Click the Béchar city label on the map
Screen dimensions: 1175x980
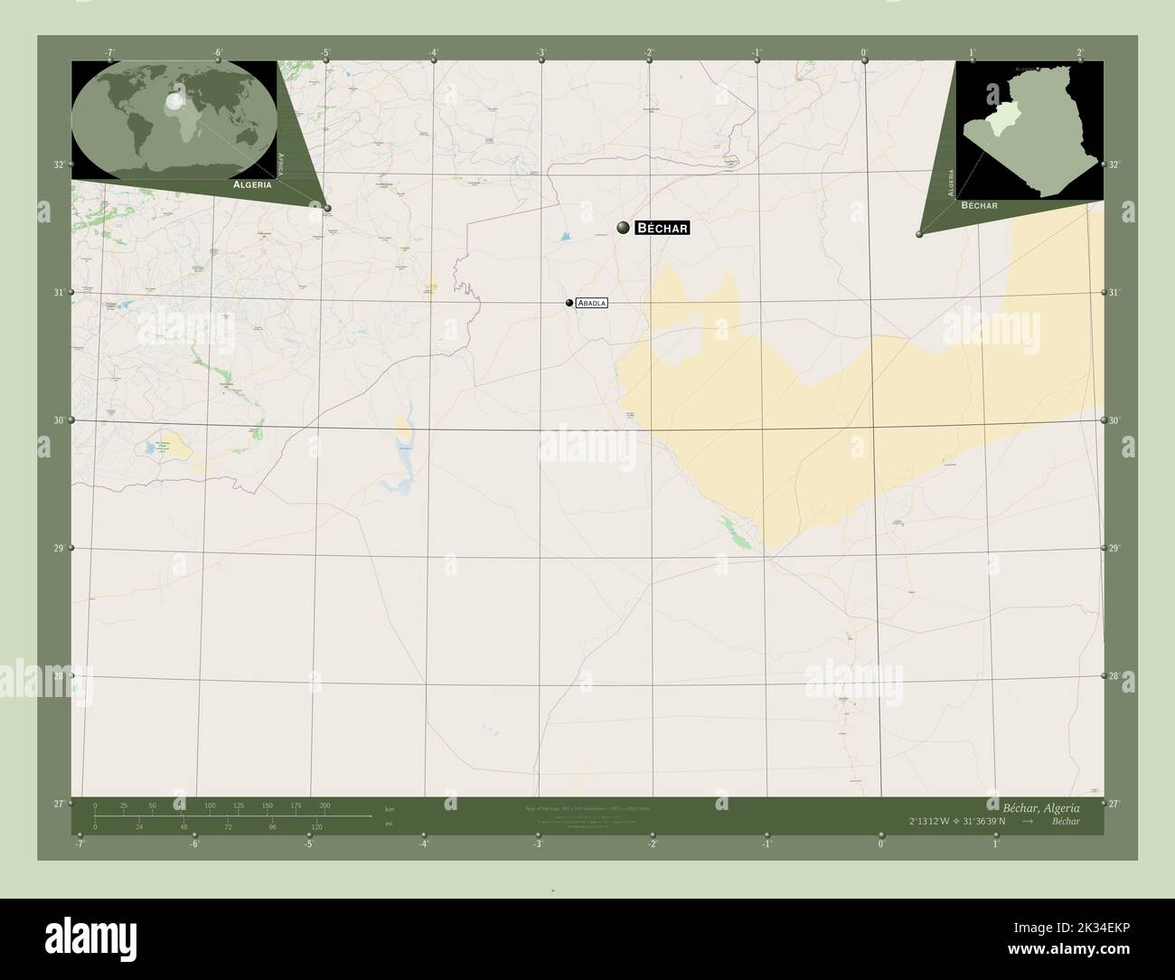[x=663, y=228]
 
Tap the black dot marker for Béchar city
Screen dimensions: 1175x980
[x=623, y=228]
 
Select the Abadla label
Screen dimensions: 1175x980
[x=591, y=304]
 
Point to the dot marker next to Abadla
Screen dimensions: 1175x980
[x=569, y=304]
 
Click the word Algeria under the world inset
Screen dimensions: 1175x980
[x=252, y=184]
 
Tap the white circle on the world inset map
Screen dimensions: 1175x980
[x=174, y=102]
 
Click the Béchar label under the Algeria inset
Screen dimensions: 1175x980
[x=979, y=206]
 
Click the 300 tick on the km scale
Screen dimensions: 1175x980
[x=324, y=805]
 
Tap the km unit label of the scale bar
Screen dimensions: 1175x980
[x=390, y=809]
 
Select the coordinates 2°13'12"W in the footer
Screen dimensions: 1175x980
[x=940, y=821]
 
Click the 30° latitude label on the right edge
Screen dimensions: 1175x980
[x=1114, y=420]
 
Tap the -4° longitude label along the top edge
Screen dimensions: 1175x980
[x=434, y=52]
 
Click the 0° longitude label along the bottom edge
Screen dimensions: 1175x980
[x=880, y=844]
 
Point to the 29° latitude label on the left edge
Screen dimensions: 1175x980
[x=59, y=548]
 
